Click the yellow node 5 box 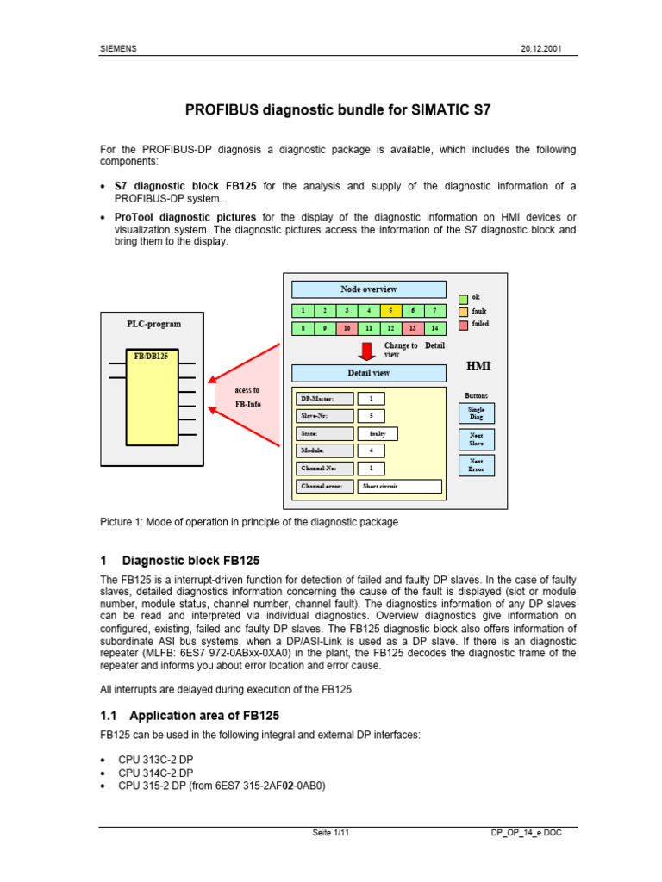[x=391, y=310]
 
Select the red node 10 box [x=347, y=328]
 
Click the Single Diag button [x=476, y=412]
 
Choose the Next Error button [x=476, y=465]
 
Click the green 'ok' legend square [x=463, y=297]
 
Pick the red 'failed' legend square [x=463, y=325]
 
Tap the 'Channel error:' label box [x=323, y=486]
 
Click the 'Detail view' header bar [x=368, y=373]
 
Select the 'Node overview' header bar [x=368, y=289]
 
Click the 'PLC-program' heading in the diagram [x=153, y=325]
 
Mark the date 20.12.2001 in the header [x=541, y=49]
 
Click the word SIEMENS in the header [x=119, y=49]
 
